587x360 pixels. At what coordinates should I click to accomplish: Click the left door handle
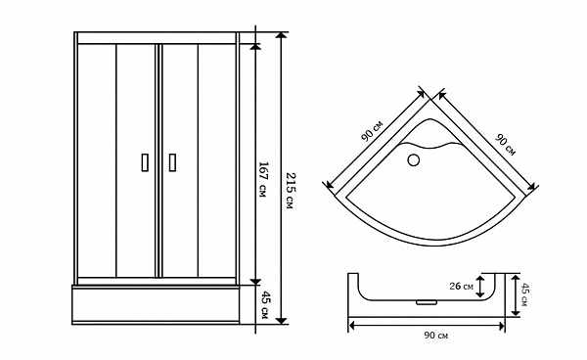(145, 162)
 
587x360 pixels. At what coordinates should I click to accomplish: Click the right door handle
(172, 162)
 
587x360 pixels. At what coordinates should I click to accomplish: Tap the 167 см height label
(263, 180)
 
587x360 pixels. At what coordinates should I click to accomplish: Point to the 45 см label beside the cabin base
(263, 305)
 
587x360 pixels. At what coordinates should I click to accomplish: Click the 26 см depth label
(461, 287)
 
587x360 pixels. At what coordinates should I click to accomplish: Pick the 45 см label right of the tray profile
(524, 294)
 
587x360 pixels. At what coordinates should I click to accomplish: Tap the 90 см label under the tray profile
(435, 336)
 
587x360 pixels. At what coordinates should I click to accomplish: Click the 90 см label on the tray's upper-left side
(372, 131)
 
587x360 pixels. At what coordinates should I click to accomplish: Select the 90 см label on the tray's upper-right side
(506, 145)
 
